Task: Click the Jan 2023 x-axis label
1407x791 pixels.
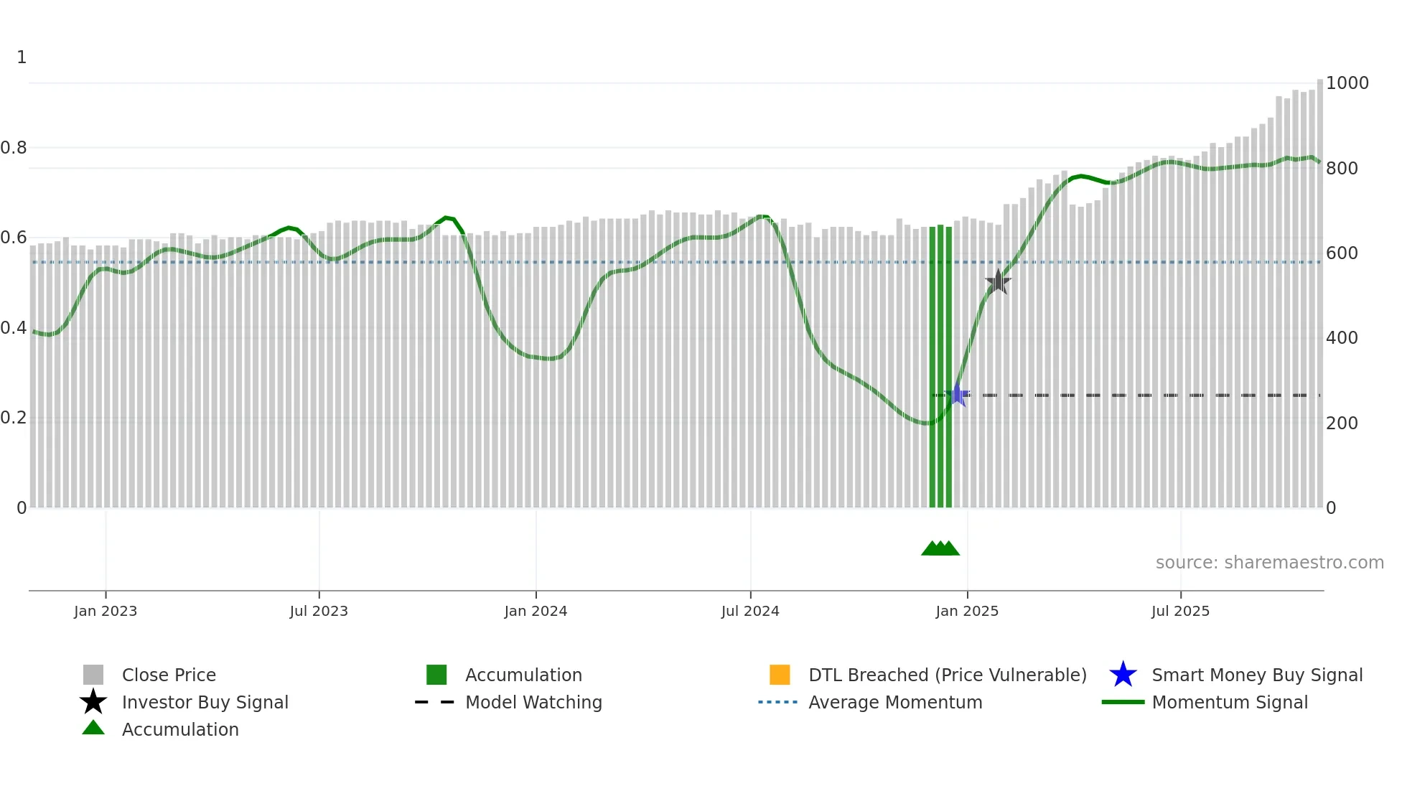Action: point(106,611)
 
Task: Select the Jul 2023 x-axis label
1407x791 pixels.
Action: point(319,611)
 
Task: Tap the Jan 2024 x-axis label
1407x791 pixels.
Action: point(536,611)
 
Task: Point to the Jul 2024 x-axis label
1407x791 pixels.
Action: point(750,611)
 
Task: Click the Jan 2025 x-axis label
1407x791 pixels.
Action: point(967,611)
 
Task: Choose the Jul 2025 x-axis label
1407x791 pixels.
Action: point(1180,611)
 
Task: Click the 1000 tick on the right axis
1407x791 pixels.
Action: point(1347,83)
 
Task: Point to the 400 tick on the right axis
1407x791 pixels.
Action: point(1342,338)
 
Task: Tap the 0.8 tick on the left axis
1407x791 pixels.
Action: point(14,148)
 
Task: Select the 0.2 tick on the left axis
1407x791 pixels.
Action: point(14,418)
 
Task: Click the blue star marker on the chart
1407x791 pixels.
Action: point(958,395)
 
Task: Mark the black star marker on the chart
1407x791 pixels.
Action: point(998,282)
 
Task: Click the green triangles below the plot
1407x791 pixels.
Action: point(940,548)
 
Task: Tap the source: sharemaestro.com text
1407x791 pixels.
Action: point(1269,563)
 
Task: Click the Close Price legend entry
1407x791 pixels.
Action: point(168,675)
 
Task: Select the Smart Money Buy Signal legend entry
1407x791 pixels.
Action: point(1256,675)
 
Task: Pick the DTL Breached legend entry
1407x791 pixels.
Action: point(947,675)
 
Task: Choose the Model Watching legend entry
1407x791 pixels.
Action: point(533,702)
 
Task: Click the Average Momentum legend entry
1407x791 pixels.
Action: point(894,702)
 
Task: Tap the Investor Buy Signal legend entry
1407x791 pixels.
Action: point(205,702)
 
